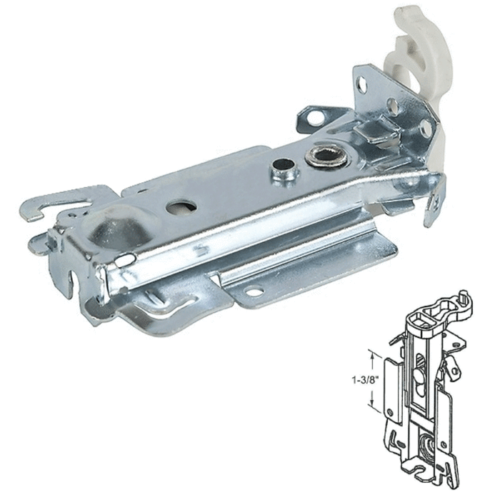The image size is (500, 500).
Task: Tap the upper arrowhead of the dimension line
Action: tap(372, 354)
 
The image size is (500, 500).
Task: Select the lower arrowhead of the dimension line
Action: tap(372, 402)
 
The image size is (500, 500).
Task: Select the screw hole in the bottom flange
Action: tap(253, 291)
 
